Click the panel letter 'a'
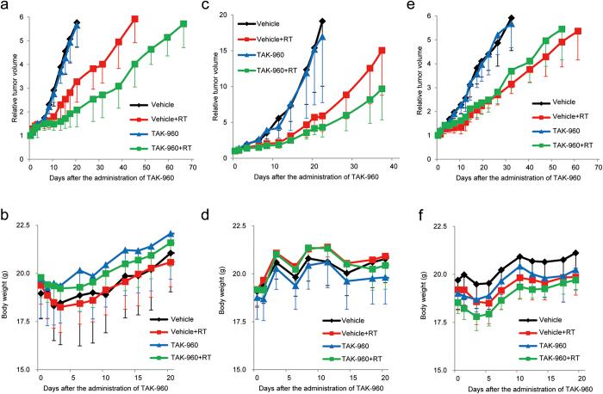tap(6, 7)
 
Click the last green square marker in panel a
tap(183, 24)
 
